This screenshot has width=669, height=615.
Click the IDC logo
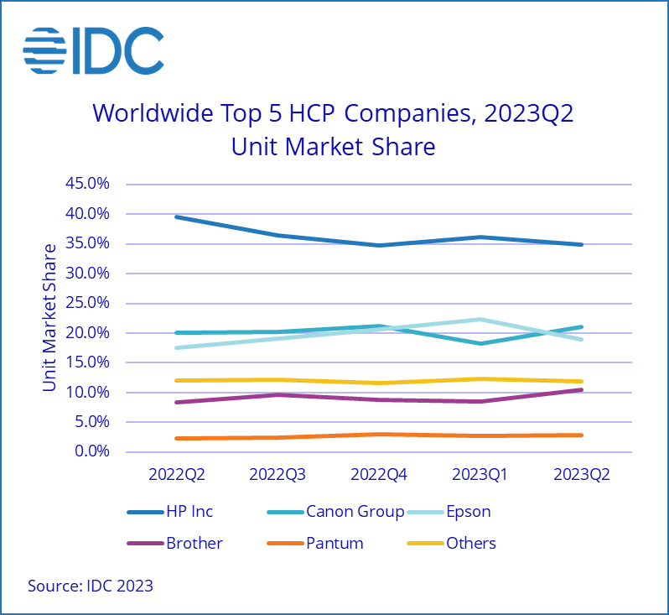click(x=93, y=51)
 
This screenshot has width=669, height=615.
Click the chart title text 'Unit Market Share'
click(x=333, y=146)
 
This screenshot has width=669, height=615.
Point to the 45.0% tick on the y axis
click(x=88, y=184)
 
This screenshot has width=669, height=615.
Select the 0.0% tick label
click(x=91, y=452)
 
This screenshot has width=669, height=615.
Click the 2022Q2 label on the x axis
click(x=177, y=474)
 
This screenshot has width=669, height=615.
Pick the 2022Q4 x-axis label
click(x=379, y=474)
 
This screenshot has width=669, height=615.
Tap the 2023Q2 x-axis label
click(x=581, y=474)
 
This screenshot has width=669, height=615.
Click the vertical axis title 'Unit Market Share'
click(x=49, y=317)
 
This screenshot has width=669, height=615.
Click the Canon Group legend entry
click(x=355, y=511)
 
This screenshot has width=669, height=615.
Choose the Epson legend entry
click(x=468, y=511)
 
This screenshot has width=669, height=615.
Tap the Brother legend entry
click(x=194, y=543)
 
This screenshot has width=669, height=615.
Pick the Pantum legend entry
click(x=334, y=543)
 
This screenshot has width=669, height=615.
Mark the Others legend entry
click(x=470, y=543)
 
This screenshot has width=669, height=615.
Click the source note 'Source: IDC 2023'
click(x=91, y=586)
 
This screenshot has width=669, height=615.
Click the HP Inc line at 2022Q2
click(x=177, y=217)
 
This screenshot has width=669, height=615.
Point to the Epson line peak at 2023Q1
click(x=480, y=320)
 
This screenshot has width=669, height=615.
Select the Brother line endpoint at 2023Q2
click(x=581, y=389)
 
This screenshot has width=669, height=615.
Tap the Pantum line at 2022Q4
click(x=379, y=435)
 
